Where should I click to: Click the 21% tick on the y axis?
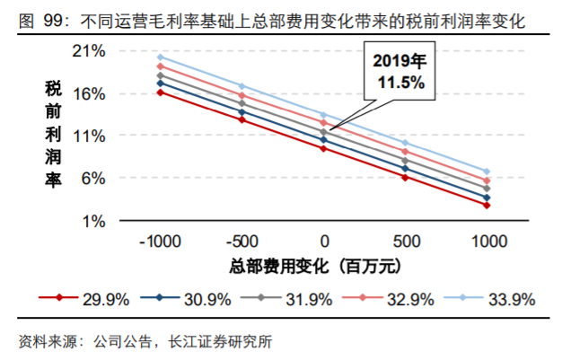[93, 51]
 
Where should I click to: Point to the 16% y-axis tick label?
[93, 93]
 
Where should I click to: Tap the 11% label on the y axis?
[93, 136]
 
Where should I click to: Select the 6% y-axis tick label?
[97, 178]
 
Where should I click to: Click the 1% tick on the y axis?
[97, 220]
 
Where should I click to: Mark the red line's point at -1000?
[160, 92]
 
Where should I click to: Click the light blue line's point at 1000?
[487, 171]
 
